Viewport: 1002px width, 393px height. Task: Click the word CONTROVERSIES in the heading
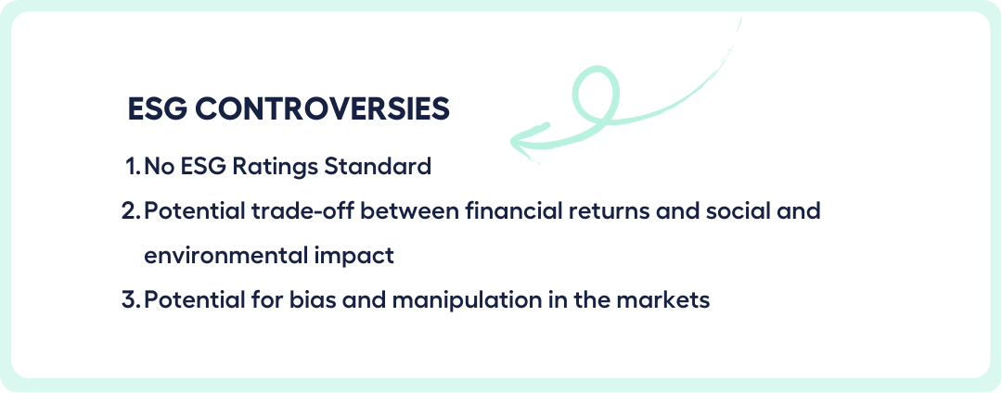point(322,109)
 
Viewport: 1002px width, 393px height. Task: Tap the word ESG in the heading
point(158,109)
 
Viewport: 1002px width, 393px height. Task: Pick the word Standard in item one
point(379,167)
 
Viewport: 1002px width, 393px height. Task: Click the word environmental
point(225,256)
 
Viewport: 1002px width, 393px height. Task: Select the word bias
point(315,300)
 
